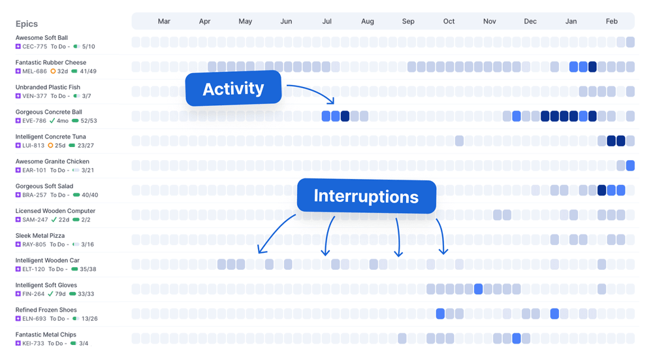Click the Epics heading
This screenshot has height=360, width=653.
tap(27, 24)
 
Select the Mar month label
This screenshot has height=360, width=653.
tap(164, 22)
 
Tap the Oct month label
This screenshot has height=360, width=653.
tap(449, 22)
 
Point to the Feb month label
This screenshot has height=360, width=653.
tap(611, 22)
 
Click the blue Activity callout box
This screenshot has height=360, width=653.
tap(233, 89)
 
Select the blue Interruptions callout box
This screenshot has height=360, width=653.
tap(366, 196)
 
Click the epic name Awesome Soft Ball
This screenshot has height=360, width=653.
tap(42, 38)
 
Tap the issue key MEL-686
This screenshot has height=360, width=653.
tap(35, 71)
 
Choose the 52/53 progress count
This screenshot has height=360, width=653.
tap(89, 121)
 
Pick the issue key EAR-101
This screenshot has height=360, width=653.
tap(34, 171)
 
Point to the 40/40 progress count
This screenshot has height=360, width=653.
tap(91, 195)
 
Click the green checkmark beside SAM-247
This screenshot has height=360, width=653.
tap(53, 220)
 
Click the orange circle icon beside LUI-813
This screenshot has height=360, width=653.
tap(52, 146)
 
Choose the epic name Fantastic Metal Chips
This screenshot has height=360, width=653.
tap(46, 335)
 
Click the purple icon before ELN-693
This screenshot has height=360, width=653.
tap(18, 319)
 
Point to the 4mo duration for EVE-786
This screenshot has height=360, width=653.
tap(63, 121)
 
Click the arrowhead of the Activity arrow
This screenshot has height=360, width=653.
tap(332, 102)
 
